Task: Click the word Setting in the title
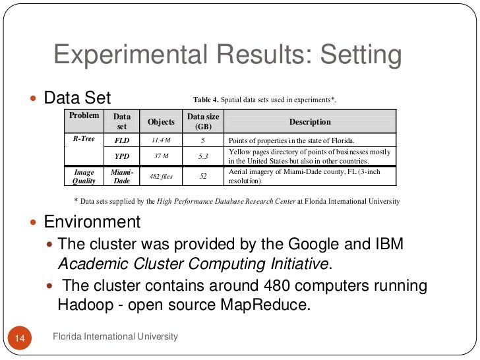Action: tap(360, 55)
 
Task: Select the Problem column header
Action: tap(84, 116)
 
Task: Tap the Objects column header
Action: tap(161, 122)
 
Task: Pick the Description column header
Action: tap(310, 122)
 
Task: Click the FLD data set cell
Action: tap(122, 140)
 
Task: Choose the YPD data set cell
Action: tap(122, 156)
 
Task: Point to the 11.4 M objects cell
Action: tap(161, 140)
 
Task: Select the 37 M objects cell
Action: tap(161, 156)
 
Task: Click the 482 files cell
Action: tap(161, 176)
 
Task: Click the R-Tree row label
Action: tap(84, 140)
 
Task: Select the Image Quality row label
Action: tap(84, 176)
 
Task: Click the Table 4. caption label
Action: tap(205, 100)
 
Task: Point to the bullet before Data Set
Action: tap(35, 99)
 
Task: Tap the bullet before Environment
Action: tap(35, 222)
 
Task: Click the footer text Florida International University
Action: tap(115, 337)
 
